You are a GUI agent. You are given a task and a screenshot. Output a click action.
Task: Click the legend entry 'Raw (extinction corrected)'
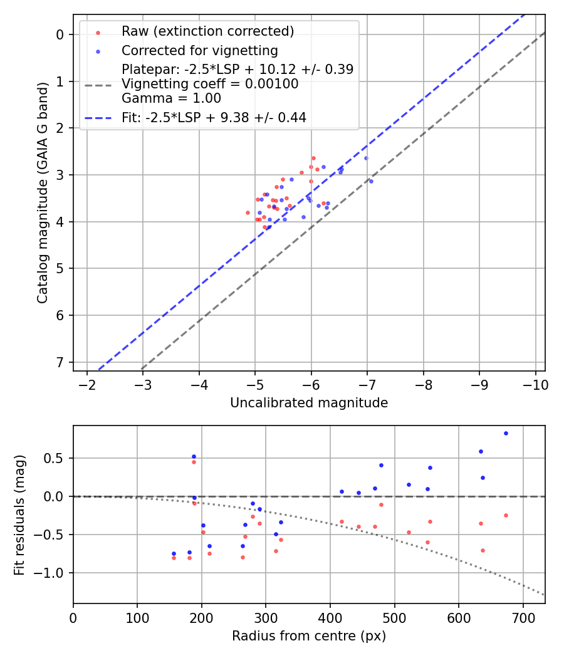click(207, 31)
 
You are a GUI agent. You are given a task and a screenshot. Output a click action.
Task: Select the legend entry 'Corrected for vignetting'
click(199, 50)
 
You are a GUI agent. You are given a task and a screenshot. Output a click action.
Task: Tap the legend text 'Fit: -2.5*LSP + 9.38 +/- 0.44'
click(214, 117)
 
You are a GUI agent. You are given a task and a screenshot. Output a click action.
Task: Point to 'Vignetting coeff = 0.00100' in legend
click(210, 84)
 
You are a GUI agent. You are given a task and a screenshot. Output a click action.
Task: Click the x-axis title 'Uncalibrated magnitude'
click(309, 403)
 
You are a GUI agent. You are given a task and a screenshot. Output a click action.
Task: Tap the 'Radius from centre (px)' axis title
click(309, 636)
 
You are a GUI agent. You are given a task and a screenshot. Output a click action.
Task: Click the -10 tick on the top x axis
click(536, 385)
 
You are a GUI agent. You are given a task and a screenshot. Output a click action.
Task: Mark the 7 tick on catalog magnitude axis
click(61, 362)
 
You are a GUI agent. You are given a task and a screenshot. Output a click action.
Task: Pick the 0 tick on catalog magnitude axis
click(61, 34)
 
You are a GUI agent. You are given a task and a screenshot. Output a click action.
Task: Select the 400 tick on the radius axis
click(330, 617)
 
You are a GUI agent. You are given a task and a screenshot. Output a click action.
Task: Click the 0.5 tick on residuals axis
click(56, 458)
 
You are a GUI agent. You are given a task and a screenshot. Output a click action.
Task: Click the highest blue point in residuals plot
click(506, 433)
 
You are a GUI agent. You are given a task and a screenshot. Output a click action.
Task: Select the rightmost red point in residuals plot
click(506, 515)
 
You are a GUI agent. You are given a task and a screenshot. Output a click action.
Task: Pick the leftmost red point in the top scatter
click(248, 212)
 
